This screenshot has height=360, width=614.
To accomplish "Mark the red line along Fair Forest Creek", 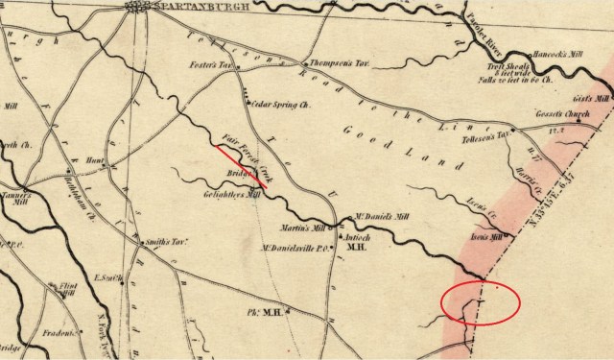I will (240, 163).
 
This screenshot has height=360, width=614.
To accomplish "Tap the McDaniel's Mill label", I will (369, 216).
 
